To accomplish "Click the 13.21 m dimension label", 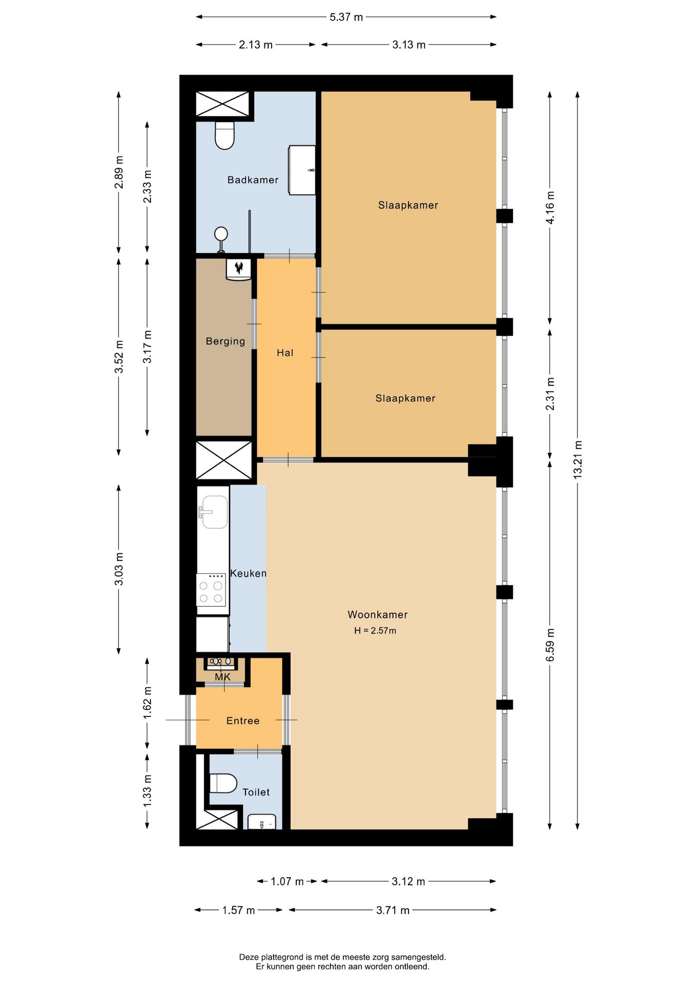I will tap(578, 459).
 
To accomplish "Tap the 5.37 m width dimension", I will tap(346, 17).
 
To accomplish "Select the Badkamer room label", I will tap(253, 180).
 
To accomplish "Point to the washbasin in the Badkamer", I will tap(302, 170).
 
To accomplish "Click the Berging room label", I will tap(225, 341).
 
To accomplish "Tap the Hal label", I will tap(285, 353).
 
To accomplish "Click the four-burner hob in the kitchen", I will tap(211, 590).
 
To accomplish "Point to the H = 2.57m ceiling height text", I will tap(375, 631).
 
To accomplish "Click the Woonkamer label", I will tap(377, 614).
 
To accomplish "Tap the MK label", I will tap(222, 677).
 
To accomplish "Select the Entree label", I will tap(242, 721).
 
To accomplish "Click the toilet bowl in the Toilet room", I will tap(223, 783).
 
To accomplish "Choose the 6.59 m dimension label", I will tap(550, 644).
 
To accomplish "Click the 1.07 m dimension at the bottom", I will tap(287, 881).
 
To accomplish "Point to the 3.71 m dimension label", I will tap(393, 910).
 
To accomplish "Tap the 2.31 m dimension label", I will tap(550, 394).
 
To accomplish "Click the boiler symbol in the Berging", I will tap(239, 269).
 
